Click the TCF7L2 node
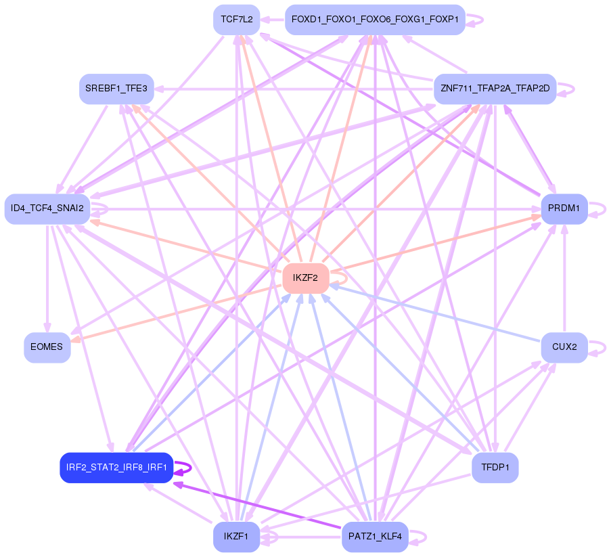point(236,20)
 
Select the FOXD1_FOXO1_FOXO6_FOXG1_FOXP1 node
point(374,20)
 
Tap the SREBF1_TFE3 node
point(116,89)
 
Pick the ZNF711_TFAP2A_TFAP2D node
point(495,89)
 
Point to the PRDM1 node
point(564,208)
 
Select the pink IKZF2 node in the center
point(305,277)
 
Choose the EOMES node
point(47,347)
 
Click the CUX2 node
point(564,347)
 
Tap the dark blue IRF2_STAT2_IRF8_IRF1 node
point(116,468)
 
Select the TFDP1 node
point(495,468)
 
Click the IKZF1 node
point(236,537)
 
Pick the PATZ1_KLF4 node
point(374,537)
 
